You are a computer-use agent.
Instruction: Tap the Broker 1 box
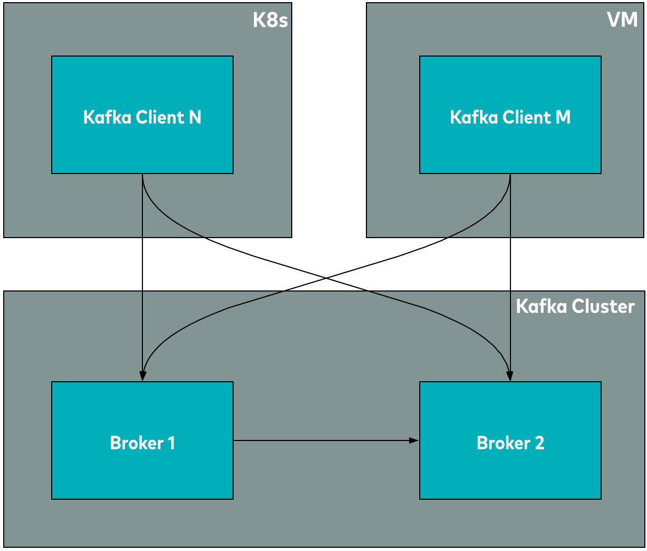coord(142,470)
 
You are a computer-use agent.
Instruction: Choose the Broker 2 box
coord(510,470)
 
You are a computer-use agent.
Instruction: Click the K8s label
coord(270,20)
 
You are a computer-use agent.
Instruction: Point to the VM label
coord(622,20)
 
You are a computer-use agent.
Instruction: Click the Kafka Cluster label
coord(575,306)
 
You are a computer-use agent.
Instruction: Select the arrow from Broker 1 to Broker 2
coord(320,440)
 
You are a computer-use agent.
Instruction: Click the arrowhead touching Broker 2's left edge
coord(414,440)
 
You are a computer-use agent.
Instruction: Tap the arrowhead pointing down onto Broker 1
coord(142,376)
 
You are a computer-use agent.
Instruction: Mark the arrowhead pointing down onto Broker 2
coord(510,376)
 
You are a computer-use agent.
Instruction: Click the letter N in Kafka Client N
coord(195,117)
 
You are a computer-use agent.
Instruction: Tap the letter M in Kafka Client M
coord(563,117)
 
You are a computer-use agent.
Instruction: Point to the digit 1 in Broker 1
coord(171,443)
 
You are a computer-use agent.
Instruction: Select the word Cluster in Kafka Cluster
coord(603,306)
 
